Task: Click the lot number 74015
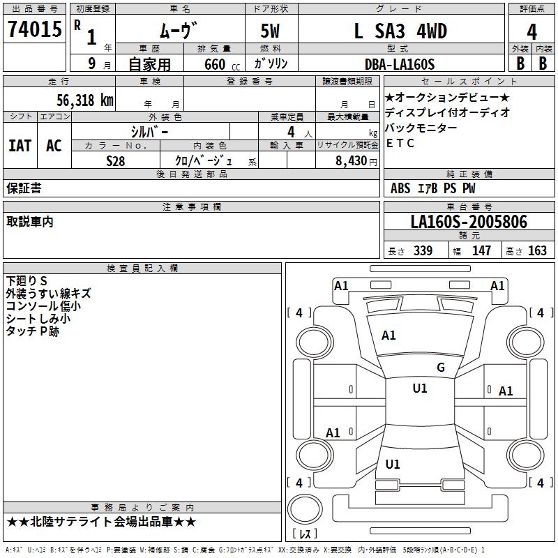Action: (33, 31)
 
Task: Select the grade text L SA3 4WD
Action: (400, 31)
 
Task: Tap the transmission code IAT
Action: (20, 146)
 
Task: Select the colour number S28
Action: (116, 160)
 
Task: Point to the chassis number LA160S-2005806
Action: (469, 223)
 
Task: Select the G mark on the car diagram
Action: (440, 368)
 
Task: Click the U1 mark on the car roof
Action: (420, 389)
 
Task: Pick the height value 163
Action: (537, 250)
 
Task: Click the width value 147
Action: (481, 250)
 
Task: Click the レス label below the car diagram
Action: (306, 534)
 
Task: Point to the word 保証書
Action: (24, 188)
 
